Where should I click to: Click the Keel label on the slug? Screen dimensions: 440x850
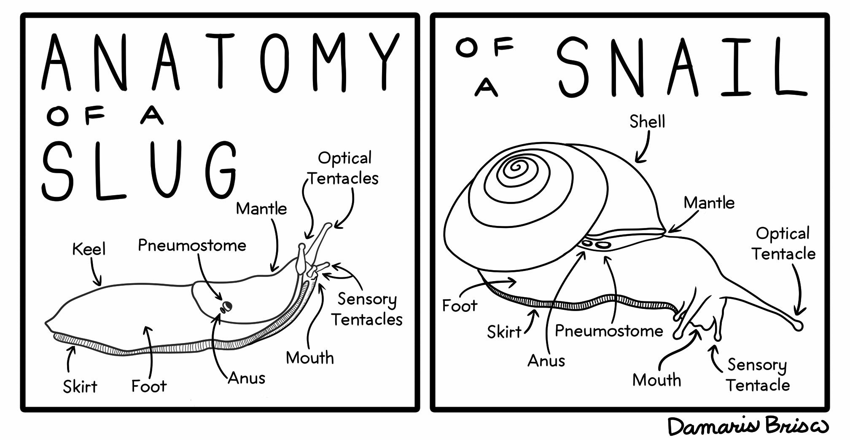89,249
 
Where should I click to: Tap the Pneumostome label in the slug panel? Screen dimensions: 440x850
192,245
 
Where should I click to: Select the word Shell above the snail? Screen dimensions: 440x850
647,122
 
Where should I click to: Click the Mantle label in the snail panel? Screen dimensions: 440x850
709,203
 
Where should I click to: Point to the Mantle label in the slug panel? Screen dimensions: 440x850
261,209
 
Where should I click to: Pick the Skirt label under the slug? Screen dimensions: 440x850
80,386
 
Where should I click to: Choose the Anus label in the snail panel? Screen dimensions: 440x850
546,361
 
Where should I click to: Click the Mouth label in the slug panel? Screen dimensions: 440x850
310,358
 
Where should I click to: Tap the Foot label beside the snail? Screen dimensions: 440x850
460,306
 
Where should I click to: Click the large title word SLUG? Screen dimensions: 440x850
139,171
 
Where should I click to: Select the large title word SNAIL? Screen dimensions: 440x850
681,67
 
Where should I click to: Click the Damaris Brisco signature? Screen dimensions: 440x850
748,426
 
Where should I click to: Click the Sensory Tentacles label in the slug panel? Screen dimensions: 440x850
366,309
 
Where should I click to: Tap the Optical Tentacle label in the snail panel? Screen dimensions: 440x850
783,244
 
